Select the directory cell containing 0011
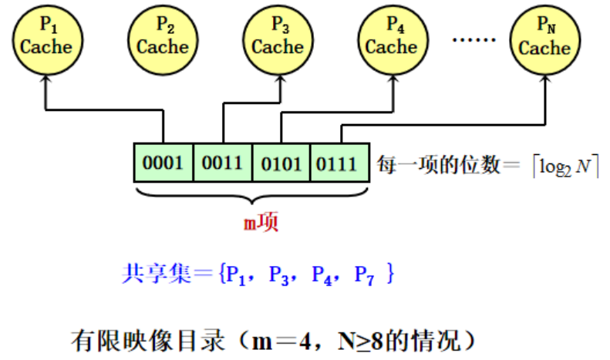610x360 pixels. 222,163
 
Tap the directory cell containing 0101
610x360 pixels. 281,163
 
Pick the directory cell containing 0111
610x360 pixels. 338,163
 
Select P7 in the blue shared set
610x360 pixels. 364,275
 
